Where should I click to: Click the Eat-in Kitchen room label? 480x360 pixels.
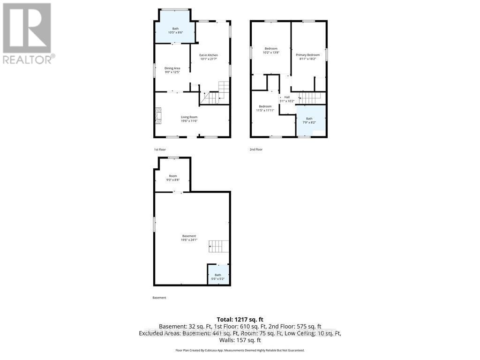point(209,55)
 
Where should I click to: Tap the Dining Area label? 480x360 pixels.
point(172,68)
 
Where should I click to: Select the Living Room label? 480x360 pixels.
point(189,117)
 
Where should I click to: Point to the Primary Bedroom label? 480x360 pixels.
point(307,55)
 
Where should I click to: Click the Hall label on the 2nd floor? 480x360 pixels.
point(287,97)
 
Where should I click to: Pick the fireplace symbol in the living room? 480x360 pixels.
point(158,116)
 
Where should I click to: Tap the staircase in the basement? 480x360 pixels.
point(218,246)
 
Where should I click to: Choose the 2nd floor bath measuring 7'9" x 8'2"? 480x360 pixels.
point(310,120)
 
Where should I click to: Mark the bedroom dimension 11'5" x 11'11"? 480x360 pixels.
point(265,111)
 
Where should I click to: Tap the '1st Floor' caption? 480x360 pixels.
point(160,150)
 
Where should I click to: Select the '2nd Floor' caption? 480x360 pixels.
point(256,150)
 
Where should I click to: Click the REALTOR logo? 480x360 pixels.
point(28,33)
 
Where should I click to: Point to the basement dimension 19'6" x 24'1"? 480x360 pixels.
point(189,240)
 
